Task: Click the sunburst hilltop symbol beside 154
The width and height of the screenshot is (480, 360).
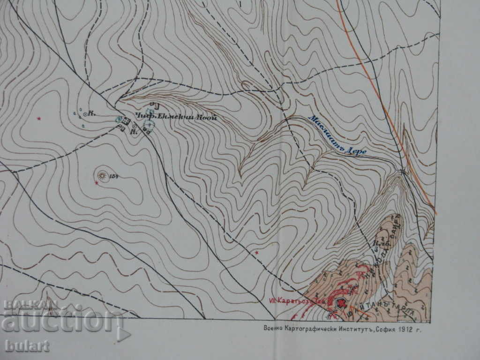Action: tap(101, 175)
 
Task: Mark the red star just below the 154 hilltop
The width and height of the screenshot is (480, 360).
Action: tap(97, 183)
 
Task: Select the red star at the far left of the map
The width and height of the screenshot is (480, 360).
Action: tap(39, 118)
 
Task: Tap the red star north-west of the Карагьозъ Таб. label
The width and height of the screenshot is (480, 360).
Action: tap(256, 253)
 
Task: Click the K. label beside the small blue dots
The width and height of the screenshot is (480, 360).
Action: tap(92, 113)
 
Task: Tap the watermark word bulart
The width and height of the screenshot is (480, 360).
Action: tap(27, 346)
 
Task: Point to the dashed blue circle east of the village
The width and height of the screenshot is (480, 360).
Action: tap(149, 125)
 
